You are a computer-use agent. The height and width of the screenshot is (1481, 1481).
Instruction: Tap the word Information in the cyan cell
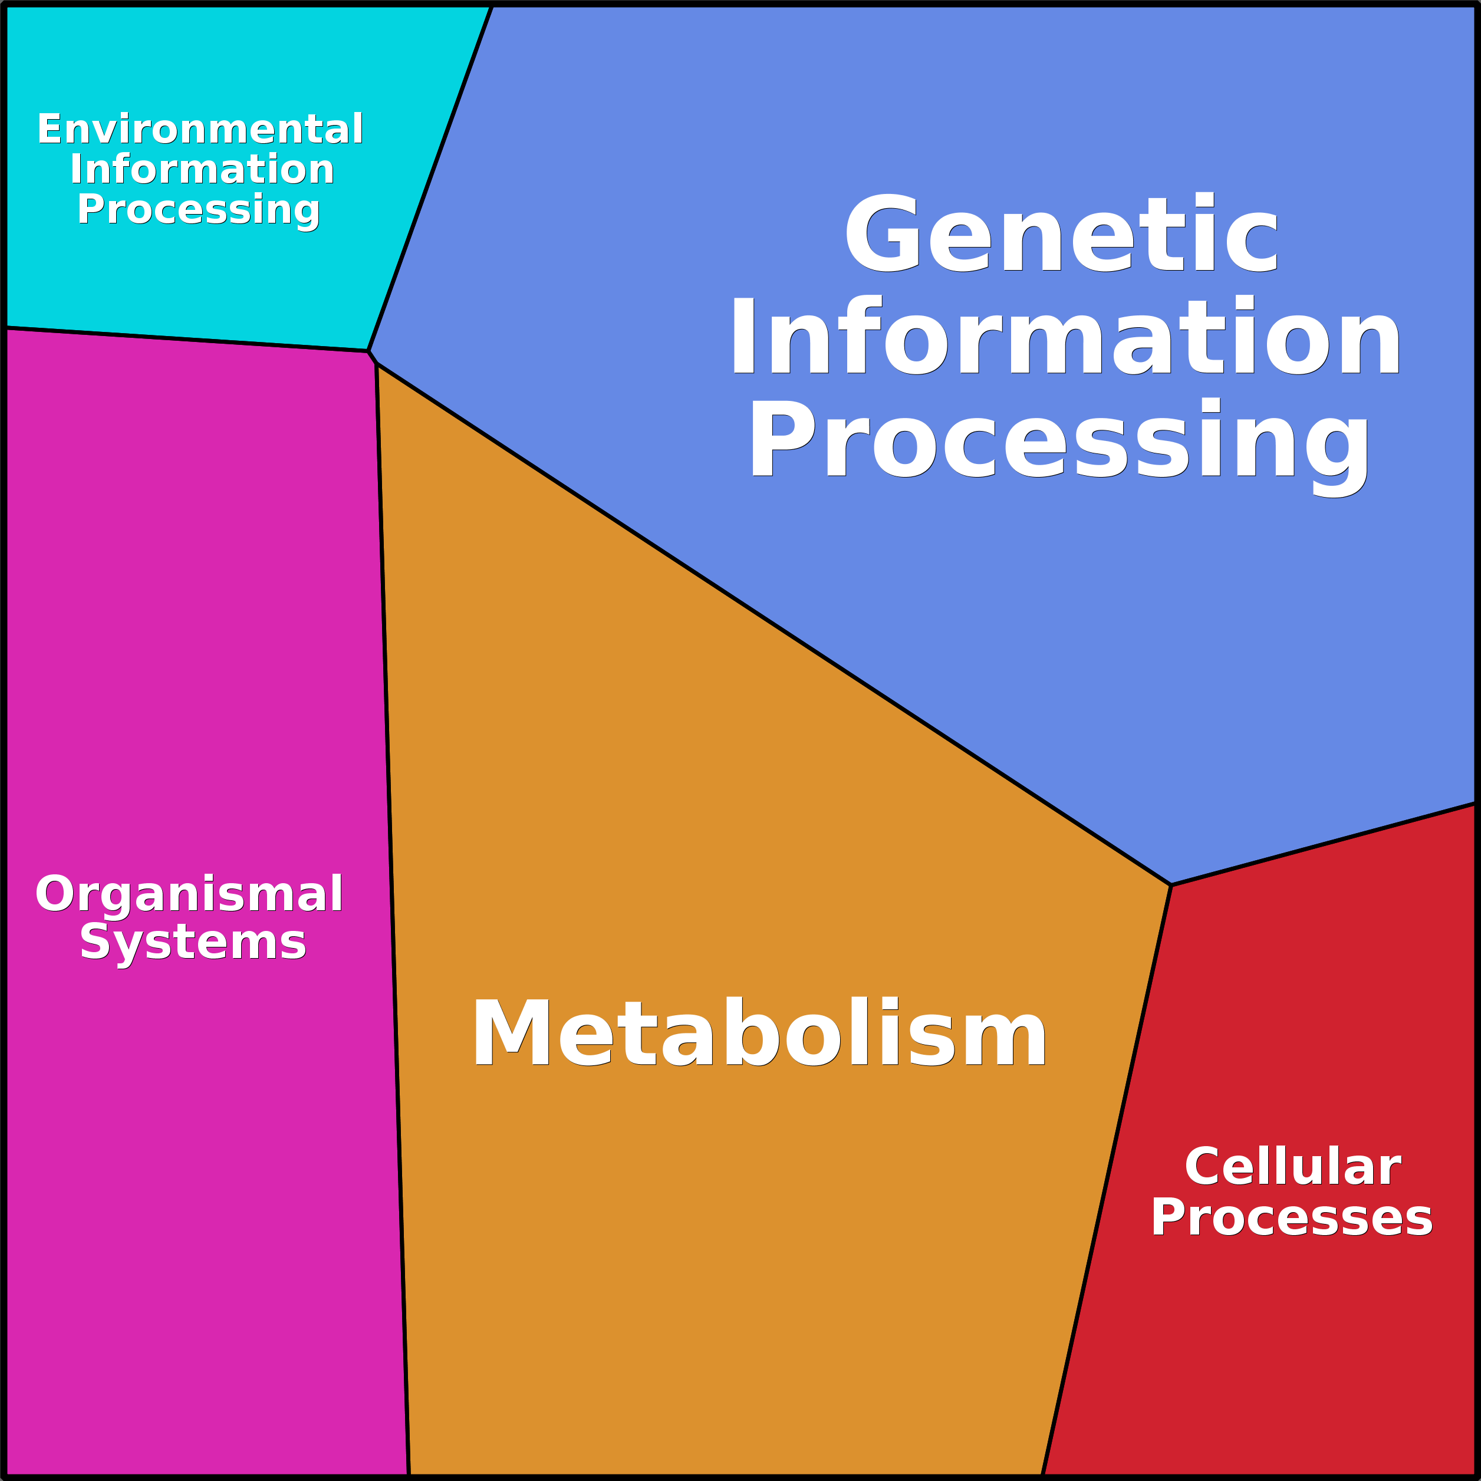(x=202, y=169)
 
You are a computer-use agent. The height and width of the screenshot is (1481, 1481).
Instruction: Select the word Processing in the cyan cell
(x=199, y=209)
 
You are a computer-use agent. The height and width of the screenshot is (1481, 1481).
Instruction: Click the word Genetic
(x=1062, y=235)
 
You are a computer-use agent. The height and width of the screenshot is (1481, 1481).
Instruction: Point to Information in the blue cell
(x=1065, y=337)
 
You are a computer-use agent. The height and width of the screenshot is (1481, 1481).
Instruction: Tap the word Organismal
(x=189, y=894)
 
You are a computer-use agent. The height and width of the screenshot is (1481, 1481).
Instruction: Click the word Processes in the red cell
(x=1292, y=1217)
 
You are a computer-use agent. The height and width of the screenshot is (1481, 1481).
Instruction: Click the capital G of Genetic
(x=881, y=235)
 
